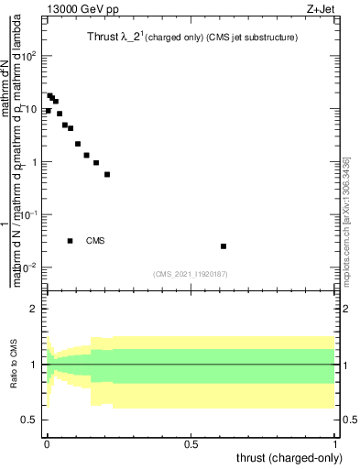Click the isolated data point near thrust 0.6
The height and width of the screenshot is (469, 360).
coord(224,246)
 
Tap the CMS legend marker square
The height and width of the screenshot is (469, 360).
coord(70,241)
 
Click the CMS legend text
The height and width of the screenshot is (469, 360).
coord(95,241)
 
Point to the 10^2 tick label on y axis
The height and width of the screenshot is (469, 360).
coord(30,57)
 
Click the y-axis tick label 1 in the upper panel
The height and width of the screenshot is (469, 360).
coord(35,163)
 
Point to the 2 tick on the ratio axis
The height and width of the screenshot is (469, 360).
coord(35,310)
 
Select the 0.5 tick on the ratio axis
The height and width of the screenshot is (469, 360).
coord(30,420)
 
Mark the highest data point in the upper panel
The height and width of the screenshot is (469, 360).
coord(49,95)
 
